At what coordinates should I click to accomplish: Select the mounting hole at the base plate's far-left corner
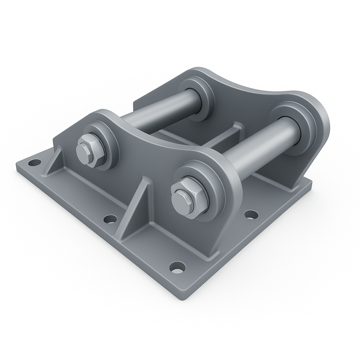point(34,162)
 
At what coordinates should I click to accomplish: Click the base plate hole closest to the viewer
point(177,267)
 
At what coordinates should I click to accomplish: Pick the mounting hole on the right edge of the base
point(251,214)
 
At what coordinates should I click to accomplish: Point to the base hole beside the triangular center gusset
point(110,219)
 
